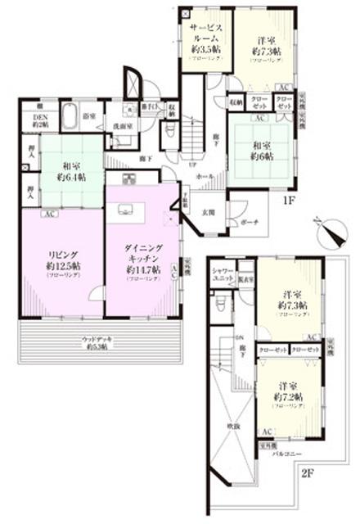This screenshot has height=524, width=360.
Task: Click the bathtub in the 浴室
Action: pos(69,114)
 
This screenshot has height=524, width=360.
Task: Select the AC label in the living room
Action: pos(48,215)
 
